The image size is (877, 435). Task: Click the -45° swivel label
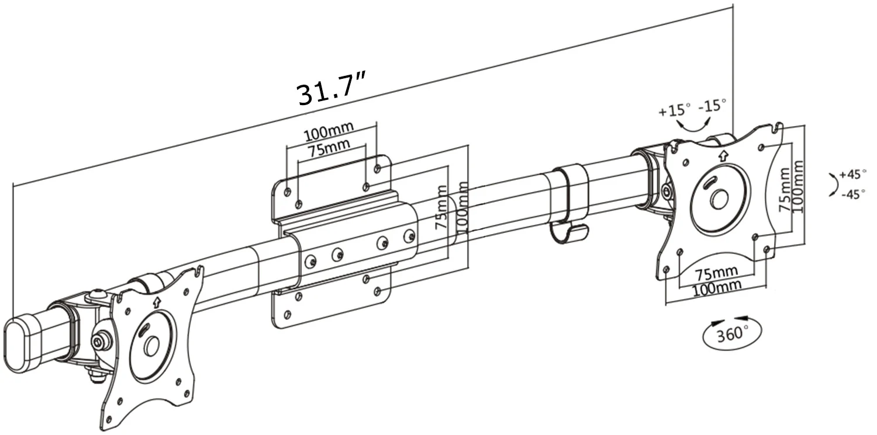tap(853, 194)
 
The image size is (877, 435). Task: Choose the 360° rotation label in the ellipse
tap(733, 333)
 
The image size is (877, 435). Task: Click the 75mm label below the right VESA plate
tap(716, 273)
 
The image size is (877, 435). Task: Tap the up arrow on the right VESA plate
tap(723, 155)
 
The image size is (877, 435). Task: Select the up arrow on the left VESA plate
tap(156, 302)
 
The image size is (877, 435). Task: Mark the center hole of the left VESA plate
tap(151, 346)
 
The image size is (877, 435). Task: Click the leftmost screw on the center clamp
tap(312, 260)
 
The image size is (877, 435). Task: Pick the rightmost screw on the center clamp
tap(410, 236)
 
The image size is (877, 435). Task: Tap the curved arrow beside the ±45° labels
tap(833, 185)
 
